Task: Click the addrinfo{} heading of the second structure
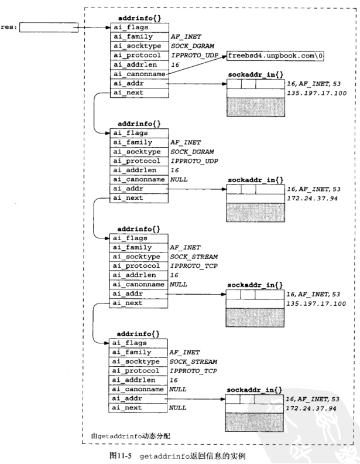coord(138,125)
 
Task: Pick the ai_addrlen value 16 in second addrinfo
coord(174,170)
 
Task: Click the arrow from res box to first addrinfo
coord(94,27)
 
